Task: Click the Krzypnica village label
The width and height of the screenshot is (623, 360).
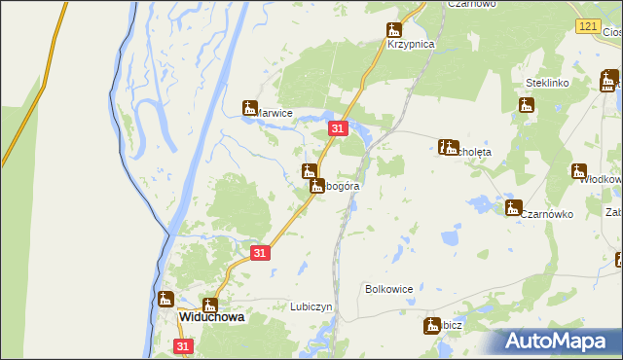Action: (x=409, y=45)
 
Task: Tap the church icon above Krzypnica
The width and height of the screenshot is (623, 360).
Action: (x=394, y=29)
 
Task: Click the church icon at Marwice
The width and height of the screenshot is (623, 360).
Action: (x=250, y=108)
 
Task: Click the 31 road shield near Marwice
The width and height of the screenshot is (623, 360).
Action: (x=338, y=128)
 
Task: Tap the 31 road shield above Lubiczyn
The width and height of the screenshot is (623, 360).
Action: (x=259, y=252)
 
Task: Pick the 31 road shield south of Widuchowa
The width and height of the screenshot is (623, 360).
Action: (x=184, y=345)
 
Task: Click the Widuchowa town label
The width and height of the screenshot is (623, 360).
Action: (x=210, y=317)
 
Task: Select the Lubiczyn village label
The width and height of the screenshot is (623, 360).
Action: (x=311, y=306)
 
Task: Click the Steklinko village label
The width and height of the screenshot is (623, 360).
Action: (x=546, y=84)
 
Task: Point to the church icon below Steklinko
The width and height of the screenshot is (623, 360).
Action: (x=527, y=103)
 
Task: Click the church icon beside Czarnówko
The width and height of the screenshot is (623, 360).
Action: (x=513, y=207)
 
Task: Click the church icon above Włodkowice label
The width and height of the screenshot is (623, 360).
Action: (x=579, y=169)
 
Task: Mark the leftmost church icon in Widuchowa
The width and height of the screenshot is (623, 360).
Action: (x=166, y=299)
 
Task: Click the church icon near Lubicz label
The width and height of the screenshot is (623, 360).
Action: (x=432, y=326)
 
